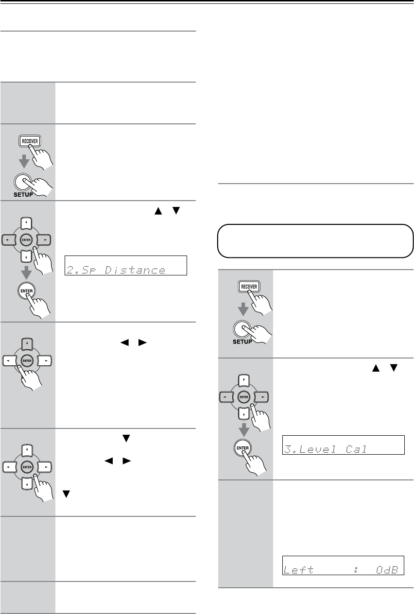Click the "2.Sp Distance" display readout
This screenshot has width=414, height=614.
pyautogui.click(x=126, y=269)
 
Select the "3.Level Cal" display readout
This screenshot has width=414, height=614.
pyautogui.click(x=344, y=445)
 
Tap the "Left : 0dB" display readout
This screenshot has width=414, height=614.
pyautogui.click(x=344, y=564)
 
